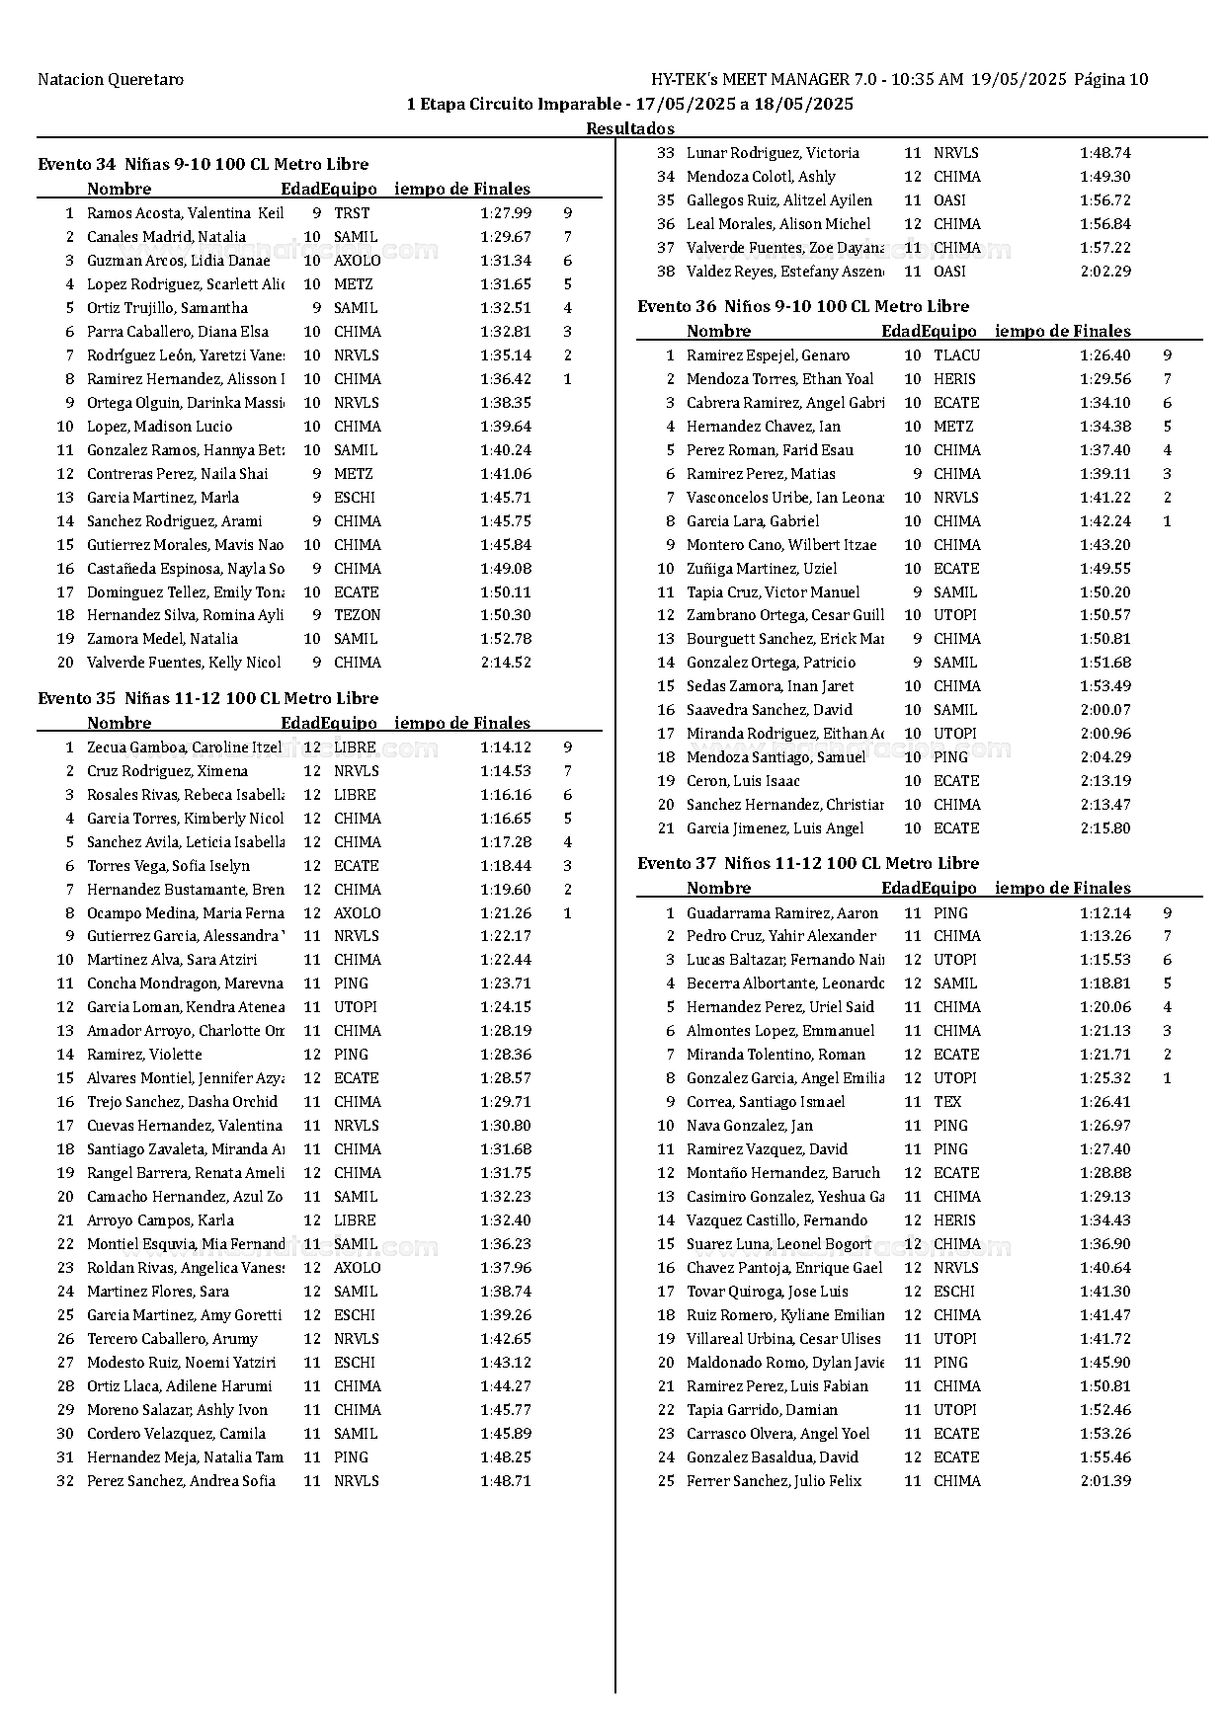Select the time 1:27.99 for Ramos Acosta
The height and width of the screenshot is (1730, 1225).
point(505,212)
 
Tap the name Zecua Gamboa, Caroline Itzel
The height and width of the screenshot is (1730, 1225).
point(184,747)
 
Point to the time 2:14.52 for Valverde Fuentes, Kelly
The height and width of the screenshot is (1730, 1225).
point(505,663)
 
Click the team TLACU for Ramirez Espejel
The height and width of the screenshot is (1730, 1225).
point(956,355)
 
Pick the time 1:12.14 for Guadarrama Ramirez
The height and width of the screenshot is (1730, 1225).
point(1104,913)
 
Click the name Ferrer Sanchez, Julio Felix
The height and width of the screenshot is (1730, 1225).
point(774,1481)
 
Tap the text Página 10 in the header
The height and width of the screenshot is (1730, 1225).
point(1110,79)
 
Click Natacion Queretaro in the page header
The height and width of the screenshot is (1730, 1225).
point(111,79)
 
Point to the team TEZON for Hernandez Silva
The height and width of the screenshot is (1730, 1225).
point(357,615)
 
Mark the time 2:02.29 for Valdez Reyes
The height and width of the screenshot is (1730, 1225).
point(1104,272)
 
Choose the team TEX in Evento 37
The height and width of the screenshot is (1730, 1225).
point(946,1102)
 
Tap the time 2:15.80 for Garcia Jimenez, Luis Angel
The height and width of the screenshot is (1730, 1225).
point(1104,828)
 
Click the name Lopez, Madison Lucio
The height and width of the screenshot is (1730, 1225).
point(159,427)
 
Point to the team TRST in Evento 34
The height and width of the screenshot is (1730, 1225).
point(351,212)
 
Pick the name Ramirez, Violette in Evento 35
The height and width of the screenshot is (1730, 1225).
point(144,1055)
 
